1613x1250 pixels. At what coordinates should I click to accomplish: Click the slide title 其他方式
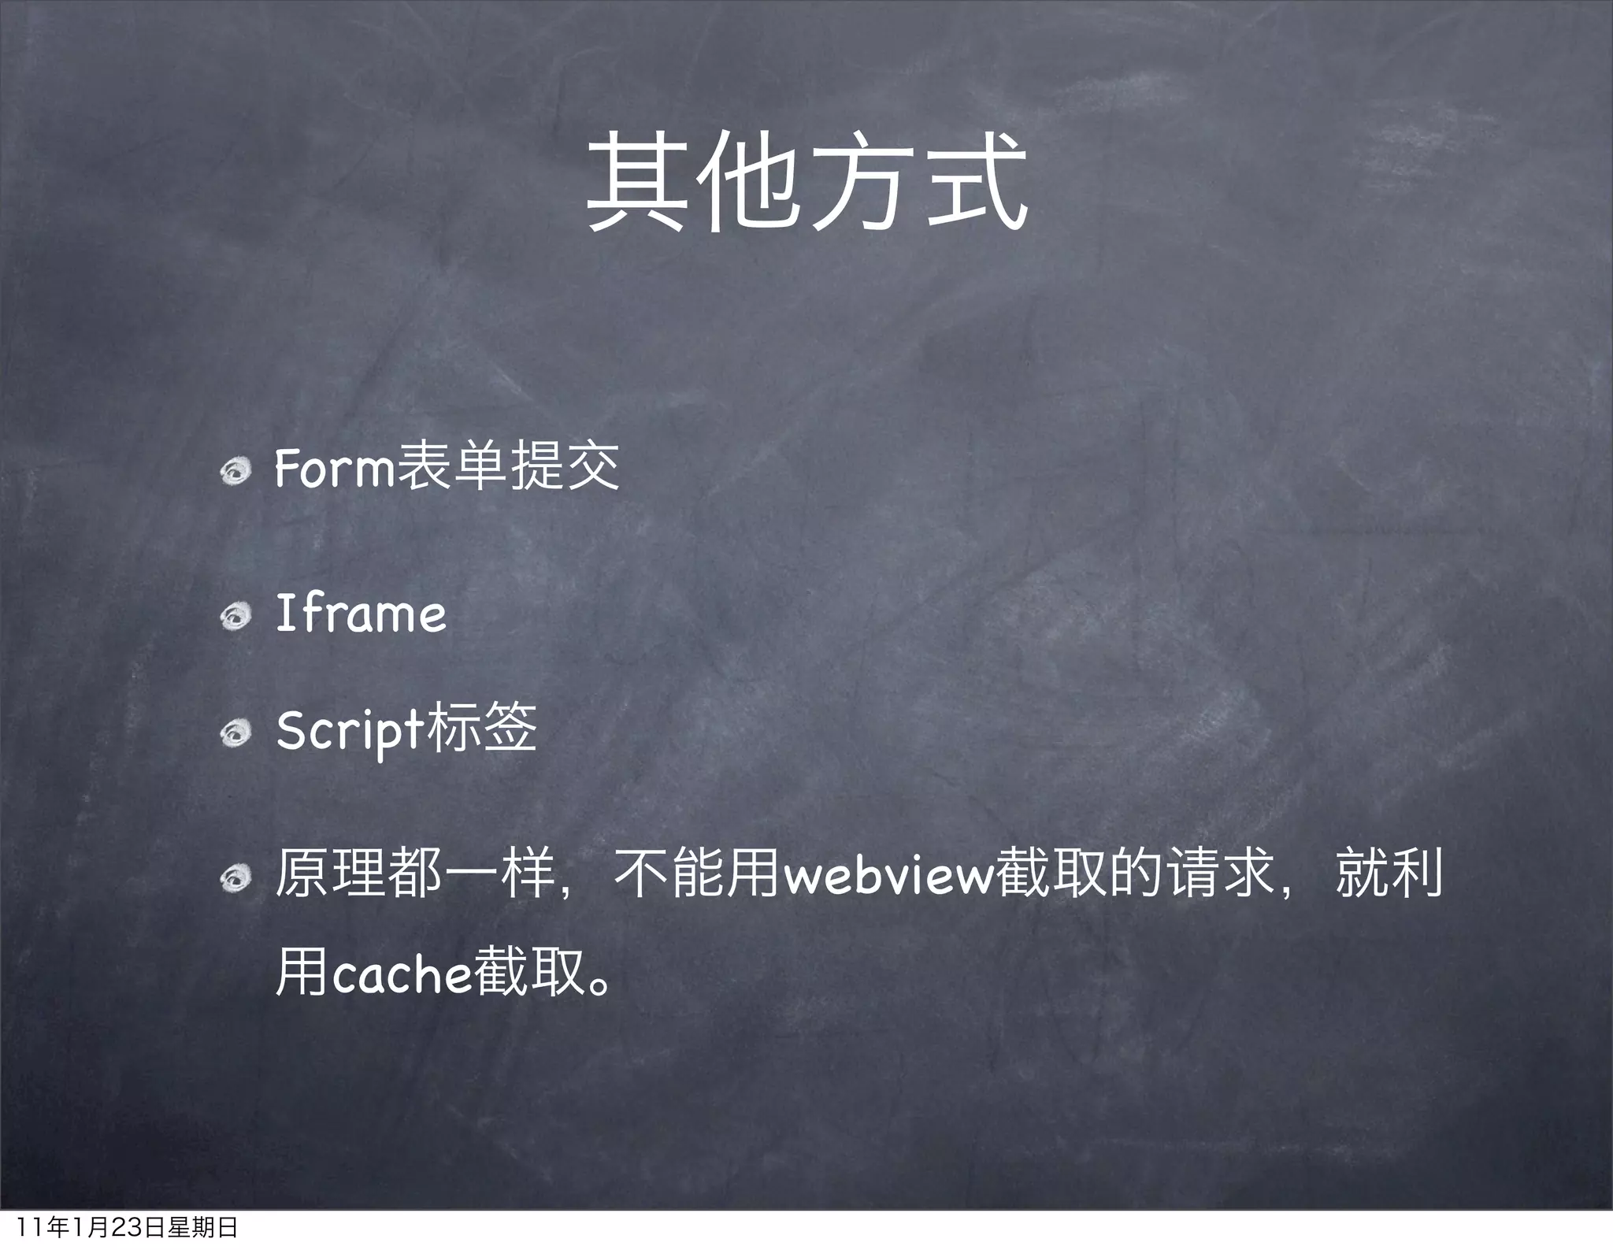[806, 183]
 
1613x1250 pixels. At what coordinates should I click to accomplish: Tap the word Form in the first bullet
[335, 468]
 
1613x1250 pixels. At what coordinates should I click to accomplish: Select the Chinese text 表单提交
[508, 466]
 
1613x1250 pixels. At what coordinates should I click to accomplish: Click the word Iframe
[361, 614]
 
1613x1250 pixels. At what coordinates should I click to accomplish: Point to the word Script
[350, 730]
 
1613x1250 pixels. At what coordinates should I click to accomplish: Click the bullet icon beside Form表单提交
[235, 472]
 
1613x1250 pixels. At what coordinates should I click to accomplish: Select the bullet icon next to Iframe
[235, 618]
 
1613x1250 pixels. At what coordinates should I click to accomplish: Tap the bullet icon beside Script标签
[235, 734]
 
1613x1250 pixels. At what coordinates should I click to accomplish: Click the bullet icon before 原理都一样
[235, 878]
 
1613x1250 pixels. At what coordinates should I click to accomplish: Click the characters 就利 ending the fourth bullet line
[1389, 873]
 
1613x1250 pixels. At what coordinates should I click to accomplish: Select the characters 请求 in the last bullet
[1222, 873]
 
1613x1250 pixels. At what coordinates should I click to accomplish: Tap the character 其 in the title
[635, 183]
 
